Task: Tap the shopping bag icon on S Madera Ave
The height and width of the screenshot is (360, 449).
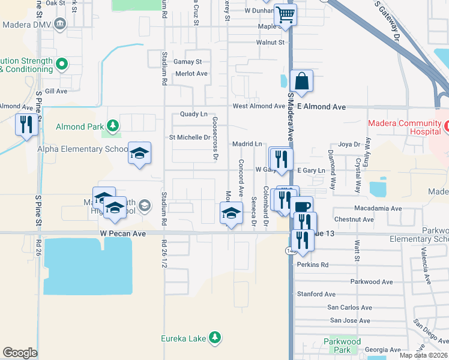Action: [301, 80]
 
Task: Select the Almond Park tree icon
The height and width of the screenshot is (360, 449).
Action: [112, 126]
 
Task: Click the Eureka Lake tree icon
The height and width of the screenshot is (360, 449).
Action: [214, 338]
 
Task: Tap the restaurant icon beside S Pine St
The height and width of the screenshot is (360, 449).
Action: [26, 124]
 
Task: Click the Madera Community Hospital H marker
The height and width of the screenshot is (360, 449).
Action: [447, 127]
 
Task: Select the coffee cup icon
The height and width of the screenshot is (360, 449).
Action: [302, 207]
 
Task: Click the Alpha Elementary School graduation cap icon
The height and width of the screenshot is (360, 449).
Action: [139, 154]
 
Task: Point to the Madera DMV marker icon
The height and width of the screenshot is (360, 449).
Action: [60, 25]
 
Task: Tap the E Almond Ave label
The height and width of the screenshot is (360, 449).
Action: [322, 106]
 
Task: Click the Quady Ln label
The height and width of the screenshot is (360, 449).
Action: [193, 114]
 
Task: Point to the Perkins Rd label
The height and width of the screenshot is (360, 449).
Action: [312, 265]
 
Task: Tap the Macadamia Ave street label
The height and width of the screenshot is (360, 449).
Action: [378, 208]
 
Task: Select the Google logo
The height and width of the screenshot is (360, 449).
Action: [20, 352]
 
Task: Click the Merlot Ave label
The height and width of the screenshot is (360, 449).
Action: [191, 73]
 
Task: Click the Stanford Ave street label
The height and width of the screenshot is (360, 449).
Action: [317, 294]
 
